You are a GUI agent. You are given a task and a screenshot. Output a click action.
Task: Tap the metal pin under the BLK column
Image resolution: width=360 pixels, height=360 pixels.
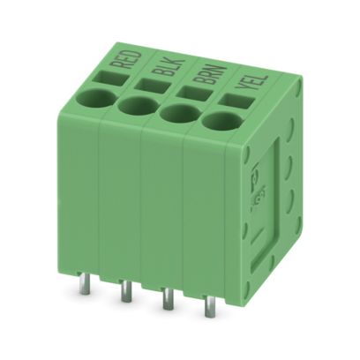(x=126, y=290)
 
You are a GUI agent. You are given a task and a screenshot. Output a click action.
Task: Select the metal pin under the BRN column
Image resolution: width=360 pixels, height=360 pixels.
(x=168, y=299)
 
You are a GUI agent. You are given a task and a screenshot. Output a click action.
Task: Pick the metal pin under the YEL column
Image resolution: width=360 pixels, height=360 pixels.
(x=210, y=306)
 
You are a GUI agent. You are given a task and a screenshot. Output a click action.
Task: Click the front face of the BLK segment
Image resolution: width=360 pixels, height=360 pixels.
(x=120, y=203)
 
